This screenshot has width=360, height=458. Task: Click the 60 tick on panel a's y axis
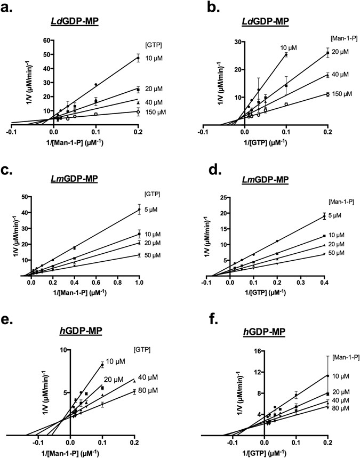pyautogui.click(x=38, y=40)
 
